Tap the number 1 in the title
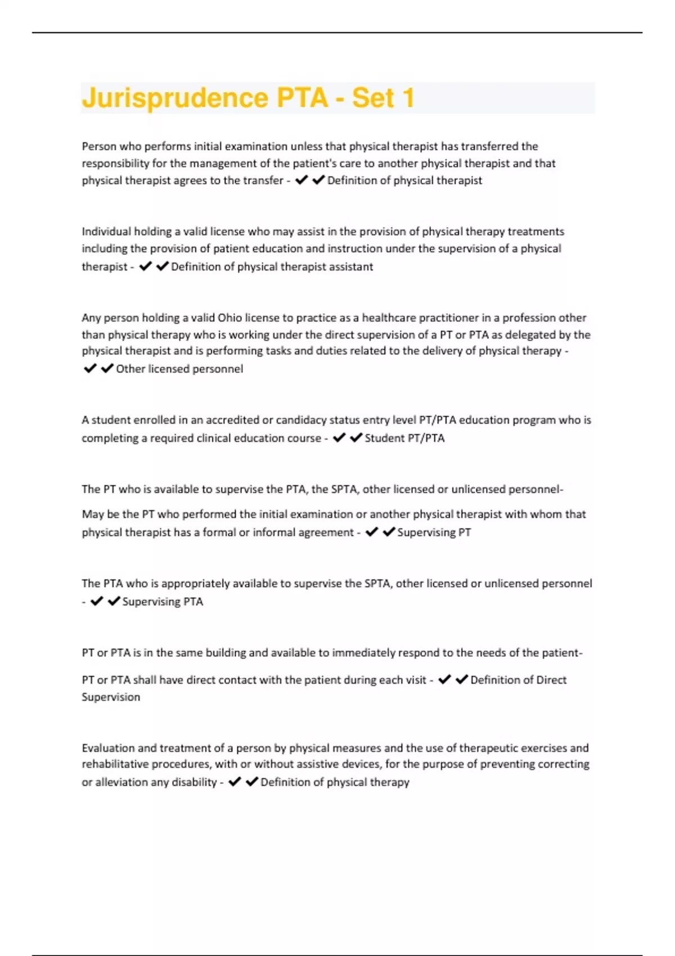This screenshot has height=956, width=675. pyautogui.click(x=408, y=98)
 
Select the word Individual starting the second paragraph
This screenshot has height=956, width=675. pyautogui.click(x=106, y=232)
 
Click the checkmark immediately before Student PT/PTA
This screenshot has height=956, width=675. pyautogui.click(x=356, y=438)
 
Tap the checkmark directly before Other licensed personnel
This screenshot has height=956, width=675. pyautogui.click(x=107, y=368)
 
